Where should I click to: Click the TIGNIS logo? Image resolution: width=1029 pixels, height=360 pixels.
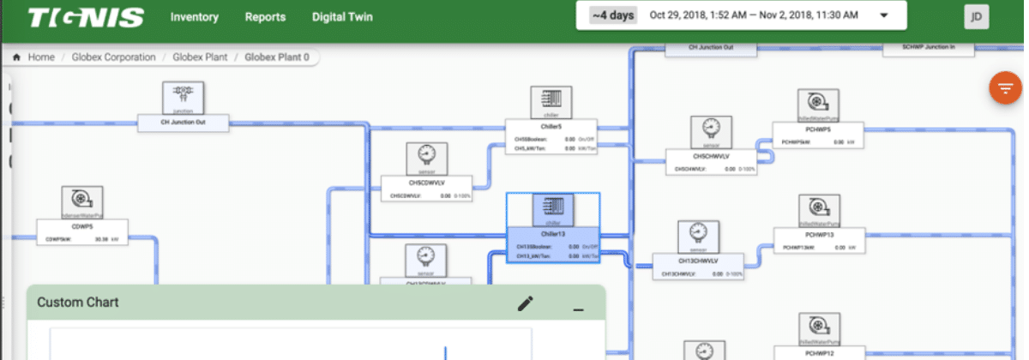point(86,17)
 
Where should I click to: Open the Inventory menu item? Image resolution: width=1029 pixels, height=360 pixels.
point(194,17)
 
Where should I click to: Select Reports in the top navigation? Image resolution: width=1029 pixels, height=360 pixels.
point(265,17)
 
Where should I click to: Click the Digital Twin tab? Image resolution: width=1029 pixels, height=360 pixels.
point(342,17)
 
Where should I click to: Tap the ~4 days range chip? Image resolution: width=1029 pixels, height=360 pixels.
point(612,15)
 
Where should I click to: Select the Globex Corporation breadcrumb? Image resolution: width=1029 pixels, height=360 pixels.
point(114,57)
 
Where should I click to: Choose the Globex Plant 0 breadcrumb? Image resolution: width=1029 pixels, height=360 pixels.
point(276,57)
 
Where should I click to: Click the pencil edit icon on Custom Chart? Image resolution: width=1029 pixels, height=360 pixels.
point(526,303)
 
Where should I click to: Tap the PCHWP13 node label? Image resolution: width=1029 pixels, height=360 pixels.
point(820,234)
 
